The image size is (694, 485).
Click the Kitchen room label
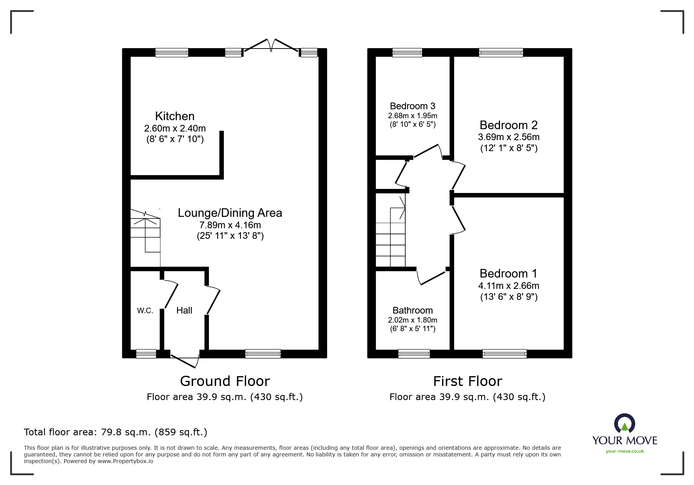pyautogui.click(x=175, y=116)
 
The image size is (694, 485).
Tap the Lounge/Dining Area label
pyautogui.click(x=230, y=213)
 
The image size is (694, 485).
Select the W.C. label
pyautogui.click(x=145, y=311)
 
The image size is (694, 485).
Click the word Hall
pyautogui.click(x=184, y=310)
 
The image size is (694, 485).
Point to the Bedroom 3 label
pyautogui.click(x=412, y=106)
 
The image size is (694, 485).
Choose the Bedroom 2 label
pyautogui.click(x=508, y=125)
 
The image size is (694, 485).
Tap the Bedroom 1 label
pyautogui.click(x=508, y=274)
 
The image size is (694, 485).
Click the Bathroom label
pyautogui.click(x=412, y=310)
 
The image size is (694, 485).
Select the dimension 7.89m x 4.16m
pyautogui.click(x=230, y=225)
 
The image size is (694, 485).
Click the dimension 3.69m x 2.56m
pyautogui.click(x=508, y=137)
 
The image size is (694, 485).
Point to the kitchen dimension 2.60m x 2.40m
pyautogui.click(x=175, y=128)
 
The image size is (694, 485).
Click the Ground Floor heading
pyautogui.click(x=225, y=381)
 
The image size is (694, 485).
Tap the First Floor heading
pyautogui.click(x=467, y=381)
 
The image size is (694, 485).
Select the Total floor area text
pyautogui.click(x=116, y=432)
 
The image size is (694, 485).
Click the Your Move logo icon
pyautogui.click(x=624, y=424)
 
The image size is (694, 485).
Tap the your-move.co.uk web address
pyautogui.click(x=625, y=451)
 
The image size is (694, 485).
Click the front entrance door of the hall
pyautogui.click(x=184, y=360)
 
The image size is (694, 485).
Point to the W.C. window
pyautogui.click(x=146, y=354)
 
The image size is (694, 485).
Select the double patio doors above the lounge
pyautogui.click(x=270, y=45)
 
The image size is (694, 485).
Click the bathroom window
pyautogui.click(x=414, y=354)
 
